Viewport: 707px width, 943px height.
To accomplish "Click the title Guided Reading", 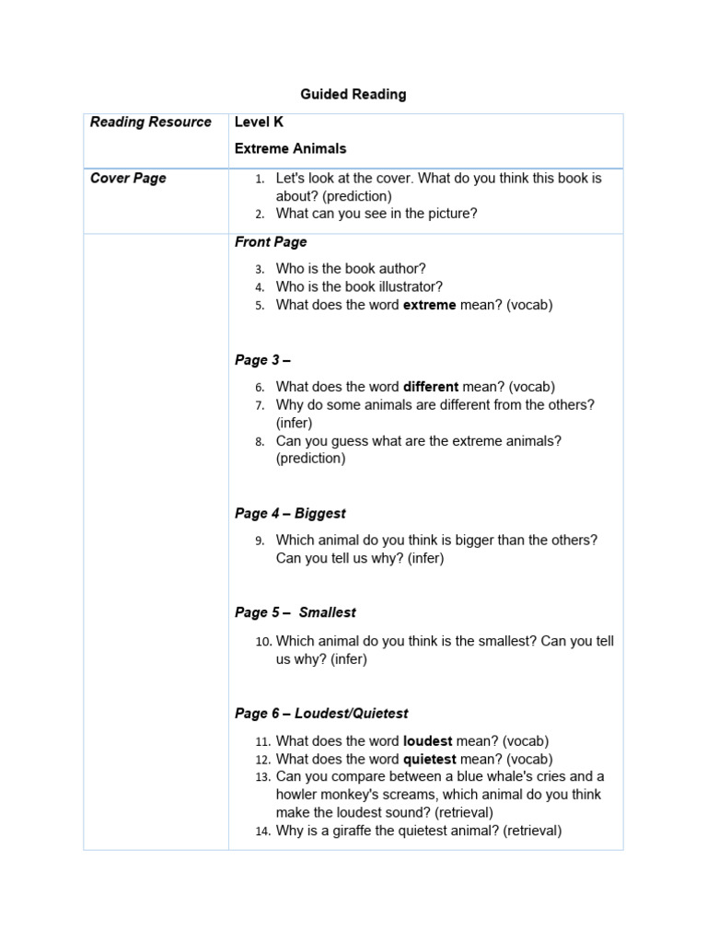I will [x=353, y=94].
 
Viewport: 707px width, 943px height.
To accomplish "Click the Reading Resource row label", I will [x=150, y=122].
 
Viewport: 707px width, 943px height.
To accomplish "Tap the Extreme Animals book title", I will [x=290, y=148].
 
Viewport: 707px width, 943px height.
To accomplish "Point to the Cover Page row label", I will [x=128, y=178].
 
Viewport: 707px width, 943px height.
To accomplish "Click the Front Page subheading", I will [x=271, y=242].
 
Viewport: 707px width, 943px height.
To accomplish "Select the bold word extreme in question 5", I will [x=429, y=305].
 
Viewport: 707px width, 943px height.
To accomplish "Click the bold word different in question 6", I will [x=431, y=387].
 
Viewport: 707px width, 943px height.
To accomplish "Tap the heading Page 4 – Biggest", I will [x=290, y=513].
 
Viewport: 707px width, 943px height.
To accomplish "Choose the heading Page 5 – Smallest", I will [x=295, y=612].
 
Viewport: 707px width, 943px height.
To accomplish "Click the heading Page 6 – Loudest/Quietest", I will [x=321, y=714].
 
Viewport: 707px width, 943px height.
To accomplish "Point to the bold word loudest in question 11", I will [x=430, y=740].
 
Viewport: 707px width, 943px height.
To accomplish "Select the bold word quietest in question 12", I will [x=433, y=759].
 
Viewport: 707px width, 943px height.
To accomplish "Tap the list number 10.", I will [x=263, y=642].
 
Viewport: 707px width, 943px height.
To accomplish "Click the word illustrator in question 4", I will [x=409, y=286].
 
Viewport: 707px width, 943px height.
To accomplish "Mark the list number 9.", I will [x=260, y=541].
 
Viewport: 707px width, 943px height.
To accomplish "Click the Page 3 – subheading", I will [x=262, y=360].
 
